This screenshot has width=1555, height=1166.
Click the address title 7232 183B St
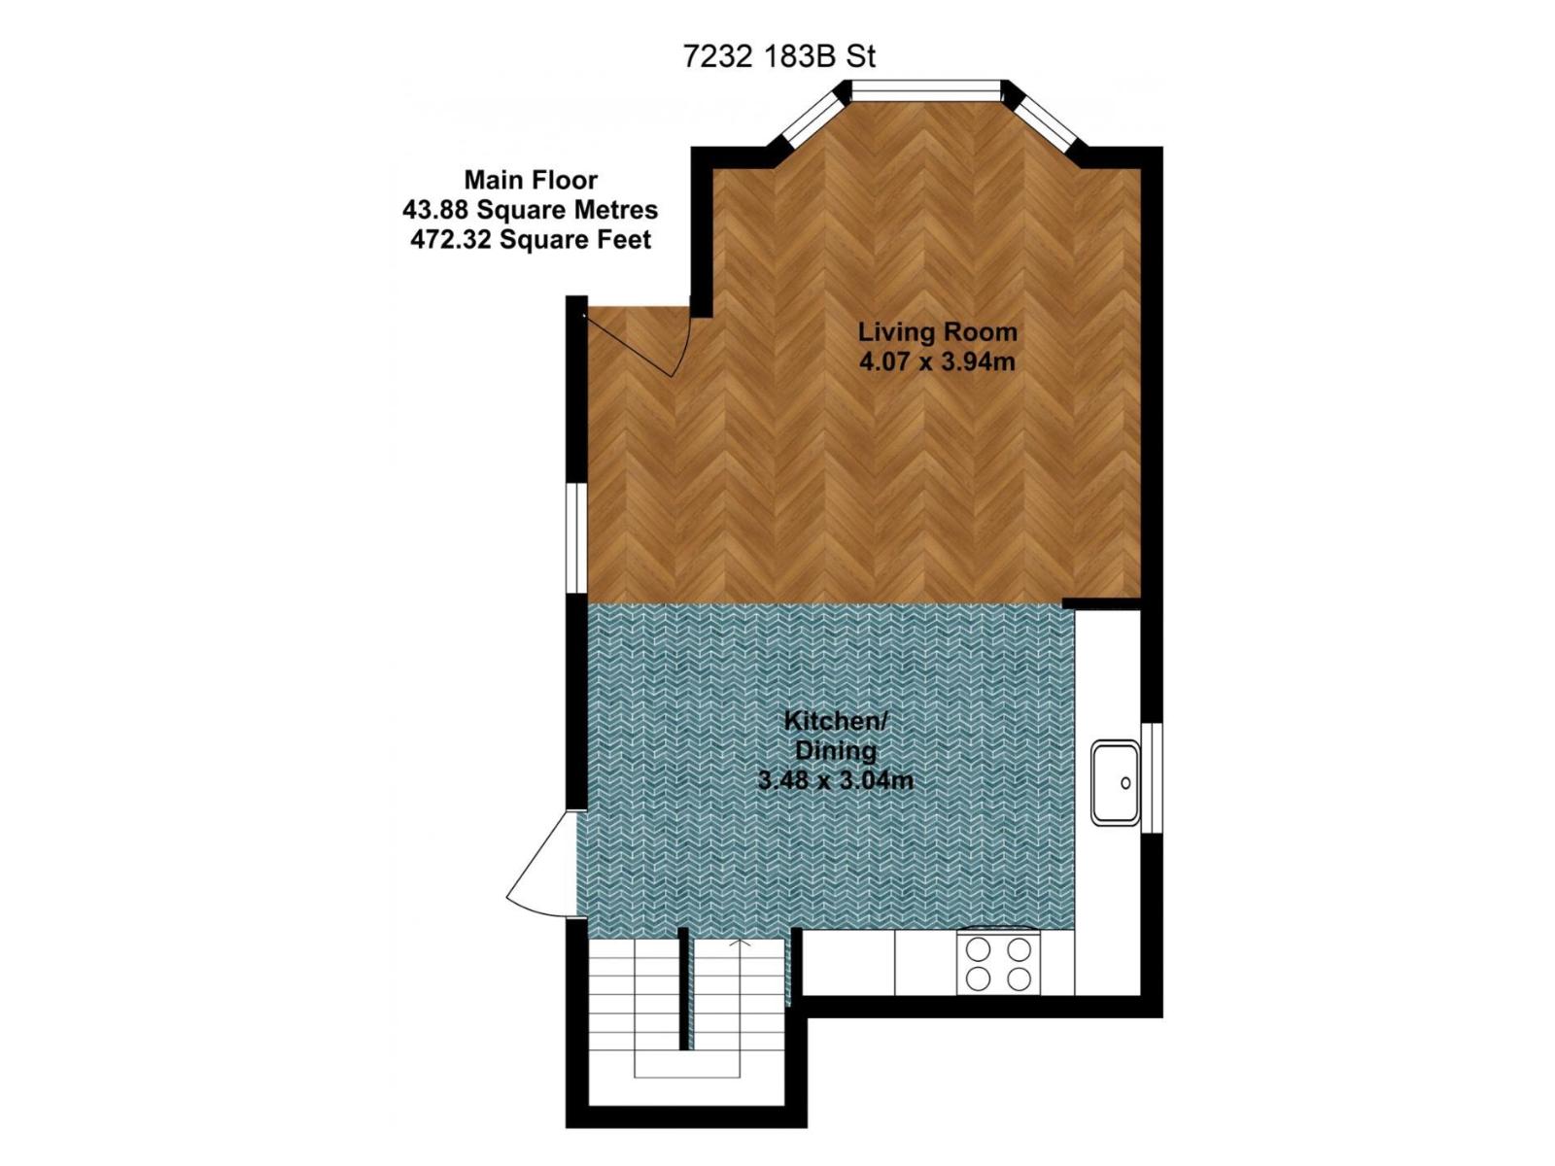pos(778,56)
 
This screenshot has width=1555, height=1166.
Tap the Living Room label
pos(937,331)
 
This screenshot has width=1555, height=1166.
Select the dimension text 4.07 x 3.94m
pos(937,362)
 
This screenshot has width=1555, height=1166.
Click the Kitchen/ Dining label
pos(836,736)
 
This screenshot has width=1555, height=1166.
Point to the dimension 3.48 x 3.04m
pos(836,780)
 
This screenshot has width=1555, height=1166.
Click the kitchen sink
pos(1115,782)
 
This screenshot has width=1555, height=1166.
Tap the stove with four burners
pos(998,963)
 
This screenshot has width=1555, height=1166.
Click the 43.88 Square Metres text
pos(530,210)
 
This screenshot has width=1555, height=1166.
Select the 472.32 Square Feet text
pos(530,240)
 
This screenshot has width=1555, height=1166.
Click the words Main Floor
pos(530,180)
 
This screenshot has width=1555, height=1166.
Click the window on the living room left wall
pos(576,536)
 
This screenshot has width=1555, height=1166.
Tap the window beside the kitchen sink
pos(1151,777)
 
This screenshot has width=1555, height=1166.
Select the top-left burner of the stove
pos(979,948)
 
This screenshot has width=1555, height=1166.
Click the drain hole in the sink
pos(1125,783)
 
